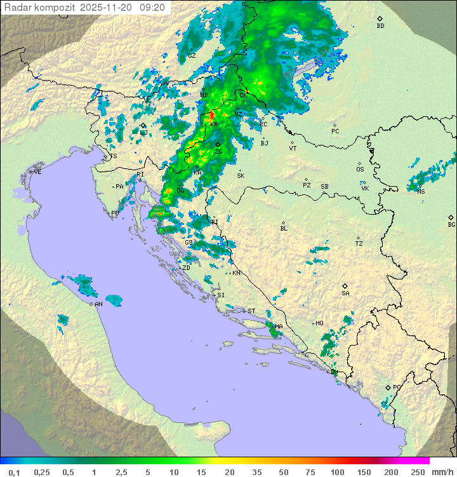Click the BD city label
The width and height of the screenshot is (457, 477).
(x=380, y=26)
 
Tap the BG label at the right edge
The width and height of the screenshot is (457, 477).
(x=451, y=224)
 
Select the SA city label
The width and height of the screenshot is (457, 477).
(x=345, y=293)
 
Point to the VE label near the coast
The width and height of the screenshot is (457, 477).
(x=37, y=172)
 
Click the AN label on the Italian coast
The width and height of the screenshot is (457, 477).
(x=98, y=304)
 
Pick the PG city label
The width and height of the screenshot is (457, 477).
(x=397, y=387)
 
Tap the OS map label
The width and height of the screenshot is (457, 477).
(x=360, y=170)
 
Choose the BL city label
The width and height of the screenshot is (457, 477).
(x=284, y=228)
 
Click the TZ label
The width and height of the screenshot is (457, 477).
(x=359, y=243)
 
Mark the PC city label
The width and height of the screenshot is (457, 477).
(x=335, y=131)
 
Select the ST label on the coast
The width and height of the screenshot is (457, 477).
(x=251, y=311)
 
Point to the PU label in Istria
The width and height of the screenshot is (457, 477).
(x=115, y=213)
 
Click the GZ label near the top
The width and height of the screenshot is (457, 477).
(x=191, y=55)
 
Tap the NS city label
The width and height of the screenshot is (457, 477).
(x=421, y=191)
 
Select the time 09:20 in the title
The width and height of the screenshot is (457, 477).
(x=152, y=8)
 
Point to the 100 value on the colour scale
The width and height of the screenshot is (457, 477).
(x=337, y=472)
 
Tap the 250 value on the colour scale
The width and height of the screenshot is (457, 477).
(x=417, y=472)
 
